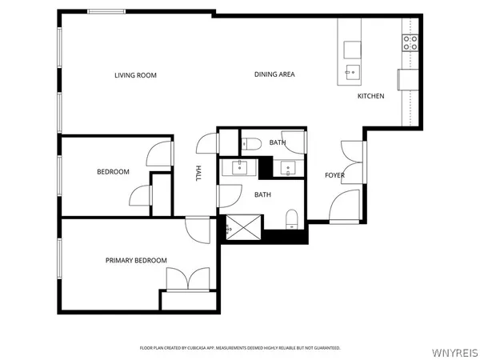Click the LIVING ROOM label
pyautogui.click(x=135, y=75)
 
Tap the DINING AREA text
pyautogui.click(x=274, y=74)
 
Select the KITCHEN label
pyautogui.click(x=370, y=96)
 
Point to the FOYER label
pyautogui.click(x=334, y=175)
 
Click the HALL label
pyautogui.click(x=198, y=173)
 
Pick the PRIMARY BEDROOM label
pyautogui.click(x=136, y=260)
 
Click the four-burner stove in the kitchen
pyautogui.click(x=410, y=42)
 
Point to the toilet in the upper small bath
pyautogui.click(x=251, y=143)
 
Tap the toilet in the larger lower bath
pyautogui.click(x=292, y=218)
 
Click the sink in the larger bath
pyautogui.click(x=239, y=168)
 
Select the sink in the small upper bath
pyautogui.click(x=287, y=168)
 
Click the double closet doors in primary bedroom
pyautogui.click(x=186, y=279)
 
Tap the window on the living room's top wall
pyautogui.click(x=110, y=11)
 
